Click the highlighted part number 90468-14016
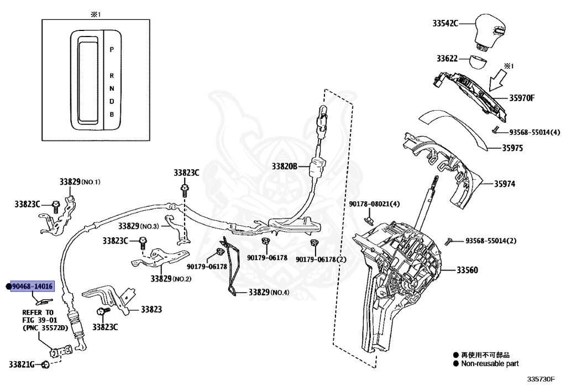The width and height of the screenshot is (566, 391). pyautogui.click(x=32, y=286)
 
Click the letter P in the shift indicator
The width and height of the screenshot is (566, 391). pyautogui.click(x=112, y=49)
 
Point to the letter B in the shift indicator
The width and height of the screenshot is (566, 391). pyautogui.click(x=112, y=114)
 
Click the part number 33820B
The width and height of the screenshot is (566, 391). pyautogui.click(x=285, y=166)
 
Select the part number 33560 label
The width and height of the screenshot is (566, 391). pyautogui.click(x=467, y=270)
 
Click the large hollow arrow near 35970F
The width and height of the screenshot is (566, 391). pyautogui.click(x=498, y=80)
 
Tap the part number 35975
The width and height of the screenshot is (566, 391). pyautogui.click(x=512, y=148)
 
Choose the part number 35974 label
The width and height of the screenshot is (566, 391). pyautogui.click(x=504, y=184)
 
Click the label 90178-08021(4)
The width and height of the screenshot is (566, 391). pyautogui.click(x=374, y=204)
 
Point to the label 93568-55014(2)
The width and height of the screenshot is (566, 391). pyautogui.click(x=491, y=241)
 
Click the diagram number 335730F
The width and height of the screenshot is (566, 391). pyautogui.click(x=541, y=379)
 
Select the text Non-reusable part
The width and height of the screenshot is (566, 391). pyautogui.click(x=490, y=364)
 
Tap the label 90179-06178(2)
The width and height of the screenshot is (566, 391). pyautogui.click(x=321, y=259)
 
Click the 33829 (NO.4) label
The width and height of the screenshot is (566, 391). pyautogui.click(x=269, y=292)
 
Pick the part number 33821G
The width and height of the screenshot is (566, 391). pyautogui.click(x=22, y=364)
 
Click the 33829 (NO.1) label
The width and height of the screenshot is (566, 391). pyautogui.click(x=80, y=182)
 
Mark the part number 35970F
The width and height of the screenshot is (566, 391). pyautogui.click(x=522, y=98)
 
